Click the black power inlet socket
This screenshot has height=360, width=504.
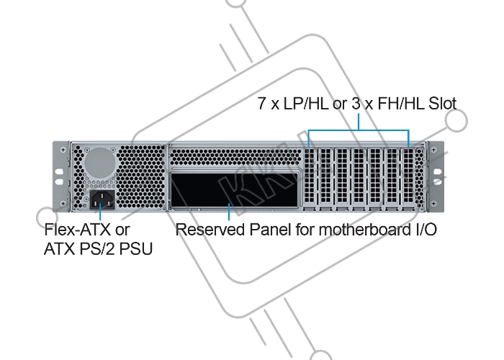[102, 199]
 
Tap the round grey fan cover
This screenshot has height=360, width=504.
[99, 163]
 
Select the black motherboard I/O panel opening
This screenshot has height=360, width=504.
[234, 190]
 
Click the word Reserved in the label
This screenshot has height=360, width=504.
[210, 230]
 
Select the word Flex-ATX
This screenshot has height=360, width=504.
[78, 230]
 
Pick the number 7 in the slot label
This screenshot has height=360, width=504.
[262, 104]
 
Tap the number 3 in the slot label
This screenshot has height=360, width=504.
[356, 104]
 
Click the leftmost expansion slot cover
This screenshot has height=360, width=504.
[309, 179]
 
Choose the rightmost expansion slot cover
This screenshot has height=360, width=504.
[409, 179]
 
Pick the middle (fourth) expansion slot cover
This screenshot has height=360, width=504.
[359, 179]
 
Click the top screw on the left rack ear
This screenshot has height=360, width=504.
[63, 150]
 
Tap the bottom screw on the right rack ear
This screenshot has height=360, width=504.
[433, 203]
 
